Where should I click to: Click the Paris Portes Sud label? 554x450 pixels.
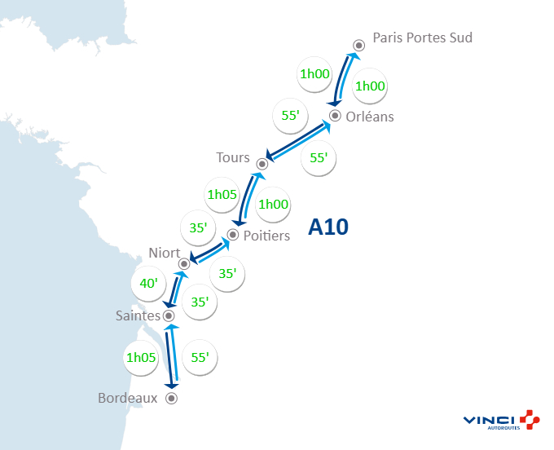pos(422,37)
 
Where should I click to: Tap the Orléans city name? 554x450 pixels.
pos(369,117)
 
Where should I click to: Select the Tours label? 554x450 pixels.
pos(233,157)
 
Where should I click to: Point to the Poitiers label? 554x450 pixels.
pos(266,236)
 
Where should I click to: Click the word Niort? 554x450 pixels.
pos(165,253)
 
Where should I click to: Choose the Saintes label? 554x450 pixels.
pos(137,315)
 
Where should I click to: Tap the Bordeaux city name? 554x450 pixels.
pos(127,399)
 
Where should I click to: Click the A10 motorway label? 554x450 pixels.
pos(328,227)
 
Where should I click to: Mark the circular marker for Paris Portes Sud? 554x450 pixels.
pos(358,46)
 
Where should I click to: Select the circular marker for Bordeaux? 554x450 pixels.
pos(171,399)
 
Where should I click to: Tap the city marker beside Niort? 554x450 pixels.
pos(185,263)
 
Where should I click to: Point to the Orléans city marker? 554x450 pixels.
pos(335,115)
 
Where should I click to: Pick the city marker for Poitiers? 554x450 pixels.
pos(233,235)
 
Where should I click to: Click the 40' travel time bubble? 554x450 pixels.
pos(149,285)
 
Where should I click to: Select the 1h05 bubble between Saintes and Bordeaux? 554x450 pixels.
pos(141,356)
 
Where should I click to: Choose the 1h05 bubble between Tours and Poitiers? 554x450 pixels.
pos(222,195)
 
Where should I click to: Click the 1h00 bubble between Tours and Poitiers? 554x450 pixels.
pos(273,205)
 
